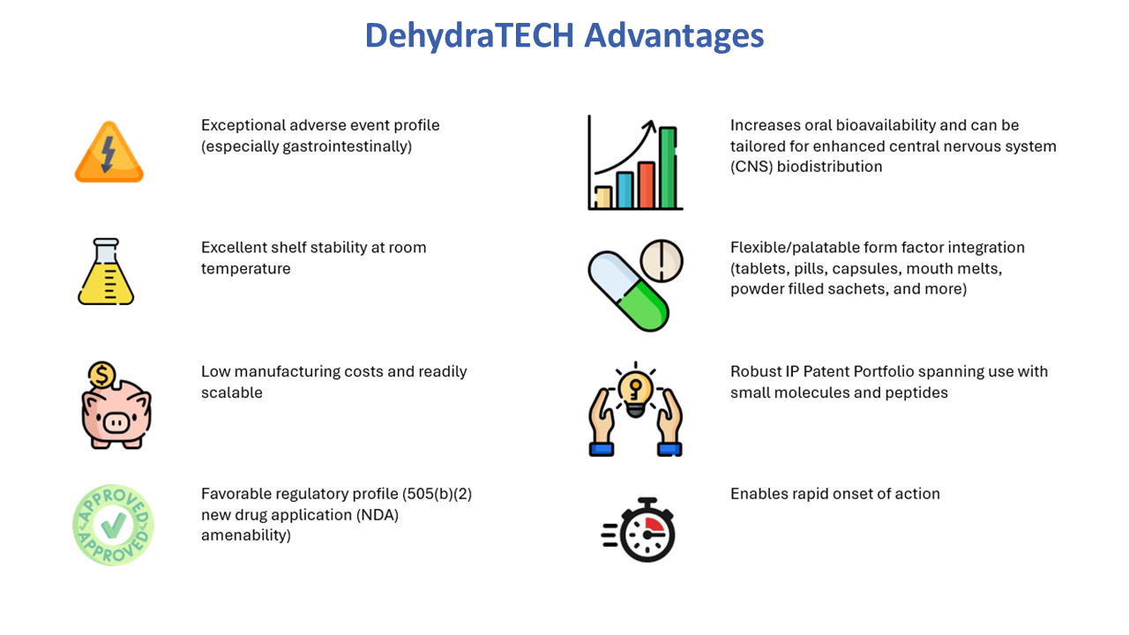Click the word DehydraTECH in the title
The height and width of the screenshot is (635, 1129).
469,36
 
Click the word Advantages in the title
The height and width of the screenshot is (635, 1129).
675,36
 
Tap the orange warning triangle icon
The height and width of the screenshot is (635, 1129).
108,152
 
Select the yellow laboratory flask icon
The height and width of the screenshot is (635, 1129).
106,271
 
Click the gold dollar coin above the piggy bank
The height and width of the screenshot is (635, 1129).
101,376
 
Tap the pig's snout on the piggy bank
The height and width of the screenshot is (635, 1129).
116,422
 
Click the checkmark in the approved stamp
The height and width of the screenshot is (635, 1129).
114,525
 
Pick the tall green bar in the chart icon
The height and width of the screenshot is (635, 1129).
668,168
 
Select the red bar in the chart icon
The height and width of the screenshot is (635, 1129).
647,185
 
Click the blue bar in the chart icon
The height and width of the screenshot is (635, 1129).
624,190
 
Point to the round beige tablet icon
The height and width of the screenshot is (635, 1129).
662,261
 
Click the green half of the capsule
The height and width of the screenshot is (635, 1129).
644,306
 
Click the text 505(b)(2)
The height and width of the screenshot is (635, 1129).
437,494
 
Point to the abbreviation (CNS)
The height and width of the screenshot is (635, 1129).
751,167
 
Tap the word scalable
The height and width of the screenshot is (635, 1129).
232,392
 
